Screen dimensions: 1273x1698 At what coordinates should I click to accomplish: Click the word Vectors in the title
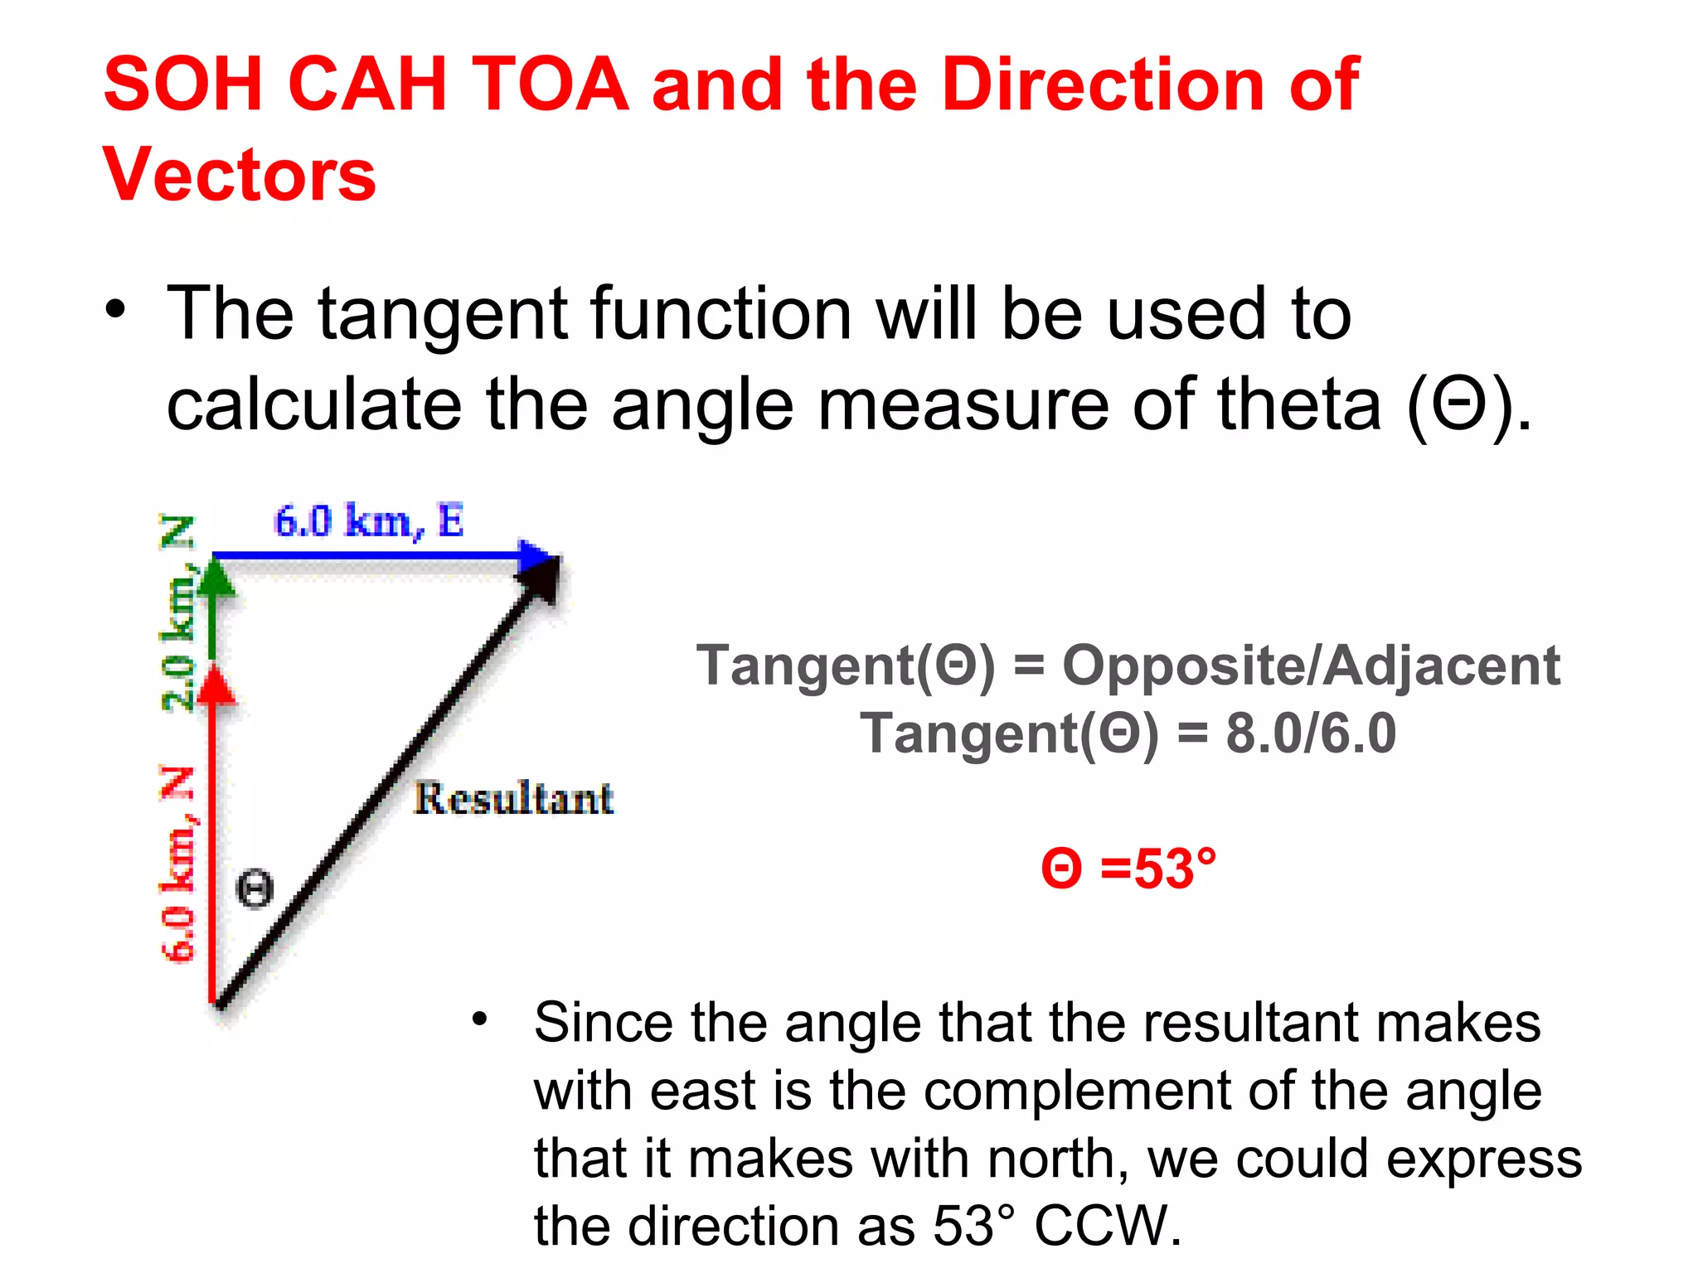click(x=240, y=174)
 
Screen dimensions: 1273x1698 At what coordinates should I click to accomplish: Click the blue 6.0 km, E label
click(x=369, y=521)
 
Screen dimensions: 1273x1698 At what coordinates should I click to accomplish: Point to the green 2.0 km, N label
click(x=178, y=613)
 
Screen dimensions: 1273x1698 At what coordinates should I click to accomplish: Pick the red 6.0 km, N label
click(x=178, y=864)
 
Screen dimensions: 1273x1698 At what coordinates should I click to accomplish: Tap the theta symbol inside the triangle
click(x=255, y=888)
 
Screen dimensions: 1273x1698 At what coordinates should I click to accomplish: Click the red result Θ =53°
click(x=1129, y=869)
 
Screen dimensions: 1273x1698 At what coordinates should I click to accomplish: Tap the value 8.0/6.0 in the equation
click(x=1311, y=733)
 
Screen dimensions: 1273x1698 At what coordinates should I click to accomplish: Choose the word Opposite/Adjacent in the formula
click(x=1311, y=666)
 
